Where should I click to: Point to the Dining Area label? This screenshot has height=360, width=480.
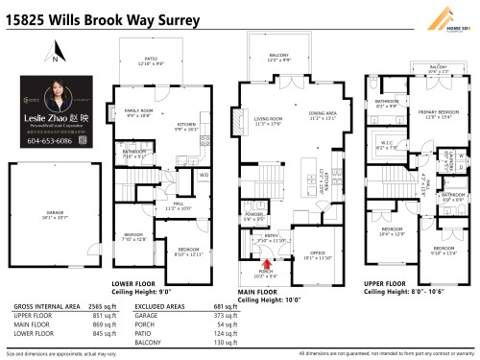324,115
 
